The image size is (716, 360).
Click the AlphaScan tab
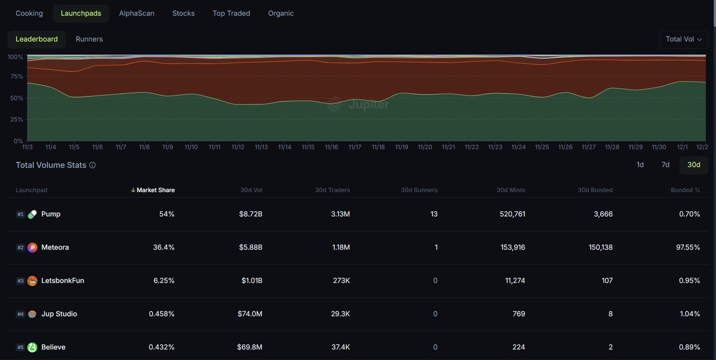point(137,13)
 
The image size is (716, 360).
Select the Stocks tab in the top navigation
point(183,13)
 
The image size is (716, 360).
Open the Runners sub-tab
point(89,39)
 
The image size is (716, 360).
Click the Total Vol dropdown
point(683,39)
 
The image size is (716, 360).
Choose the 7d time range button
point(665,165)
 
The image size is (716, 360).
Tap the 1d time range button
point(640,165)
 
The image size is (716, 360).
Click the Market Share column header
point(155,190)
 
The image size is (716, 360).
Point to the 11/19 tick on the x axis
point(402,147)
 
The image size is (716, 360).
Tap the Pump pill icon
point(32,214)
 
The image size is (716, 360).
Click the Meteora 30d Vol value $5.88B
point(251,247)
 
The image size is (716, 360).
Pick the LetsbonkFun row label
point(63,281)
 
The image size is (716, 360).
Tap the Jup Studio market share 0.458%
point(162,314)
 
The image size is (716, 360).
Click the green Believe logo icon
point(32,347)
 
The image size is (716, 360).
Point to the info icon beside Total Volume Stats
point(92,165)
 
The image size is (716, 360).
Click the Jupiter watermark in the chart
point(358,104)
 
